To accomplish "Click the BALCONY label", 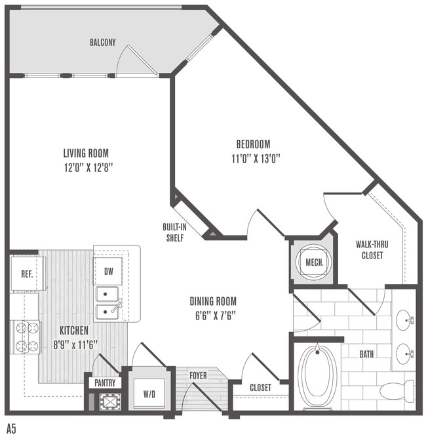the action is pyautogui.click(x=102, y=43).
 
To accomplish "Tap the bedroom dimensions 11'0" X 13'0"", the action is pyautogui.click(x=256, y=159).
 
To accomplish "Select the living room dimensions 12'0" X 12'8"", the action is pyautogui.click(x=88, y=168).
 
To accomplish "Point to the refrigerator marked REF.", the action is pyautogui.click(x=28, y=274).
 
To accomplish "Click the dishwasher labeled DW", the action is pyautogui.click(x=107, y=271).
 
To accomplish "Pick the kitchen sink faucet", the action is pyautogui.click(x=117, y=306).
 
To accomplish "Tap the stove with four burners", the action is pyautogui.click(x=26, y=337).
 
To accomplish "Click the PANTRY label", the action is pyautogui.click(x=105, y=383).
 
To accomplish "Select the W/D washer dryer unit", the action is pyautogui.click(x=149, y=394).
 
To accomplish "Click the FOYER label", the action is pyautogui.click(x=198, y=375).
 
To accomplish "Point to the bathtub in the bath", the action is pyautogui.click(x=317, y=373).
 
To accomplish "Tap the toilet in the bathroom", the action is pyautogui.click(x=397, y=391).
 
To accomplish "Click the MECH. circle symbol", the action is pyautogui.click(x=315, y=262).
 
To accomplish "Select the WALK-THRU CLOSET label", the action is pyautogui.click(x=372, y=250).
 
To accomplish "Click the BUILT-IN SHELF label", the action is pyautogui.click(x=174, y=232).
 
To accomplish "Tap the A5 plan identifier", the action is pyautogui.click(x=11, y=428).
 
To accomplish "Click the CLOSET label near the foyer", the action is pyautogui.click(x=260, y=387).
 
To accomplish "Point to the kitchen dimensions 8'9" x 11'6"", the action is pyautogui.click(x=75, y=345).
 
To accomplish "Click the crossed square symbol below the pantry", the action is pyautogui.click(x=111, y=402).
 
